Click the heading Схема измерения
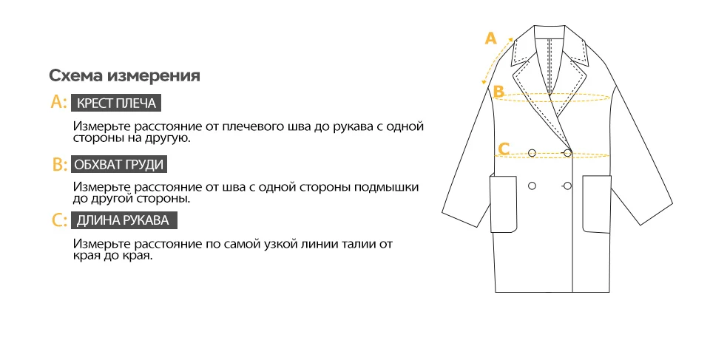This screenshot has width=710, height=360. [125, 76]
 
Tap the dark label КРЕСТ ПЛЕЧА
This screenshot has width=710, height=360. [116, 103]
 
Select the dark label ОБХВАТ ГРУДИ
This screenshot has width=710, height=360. [119, 164]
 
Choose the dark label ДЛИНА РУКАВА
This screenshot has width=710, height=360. [124, 220]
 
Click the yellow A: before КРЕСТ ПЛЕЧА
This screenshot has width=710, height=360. [58, 103]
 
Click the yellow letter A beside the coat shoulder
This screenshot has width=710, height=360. [489, 38]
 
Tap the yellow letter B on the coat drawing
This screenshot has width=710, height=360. [498, 92]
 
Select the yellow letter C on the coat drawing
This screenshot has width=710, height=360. [504, 149]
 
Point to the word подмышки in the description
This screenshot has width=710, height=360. [390, 187]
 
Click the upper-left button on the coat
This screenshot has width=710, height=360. [532, 153]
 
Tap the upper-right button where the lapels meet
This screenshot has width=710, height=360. [567, 153]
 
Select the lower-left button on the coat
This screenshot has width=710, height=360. [532, 186]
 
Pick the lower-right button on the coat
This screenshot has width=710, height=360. [567, 186]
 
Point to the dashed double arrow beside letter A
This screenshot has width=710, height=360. [497, 63]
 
